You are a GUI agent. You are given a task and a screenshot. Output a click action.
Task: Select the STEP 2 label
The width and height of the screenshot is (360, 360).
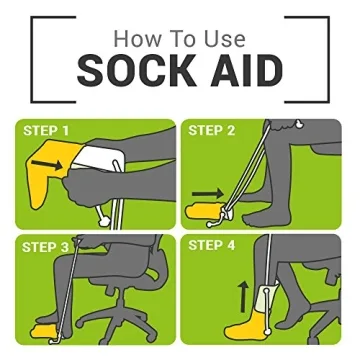pos(213,131)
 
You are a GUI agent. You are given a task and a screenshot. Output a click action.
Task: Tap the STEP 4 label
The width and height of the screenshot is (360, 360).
pos(213,245)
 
